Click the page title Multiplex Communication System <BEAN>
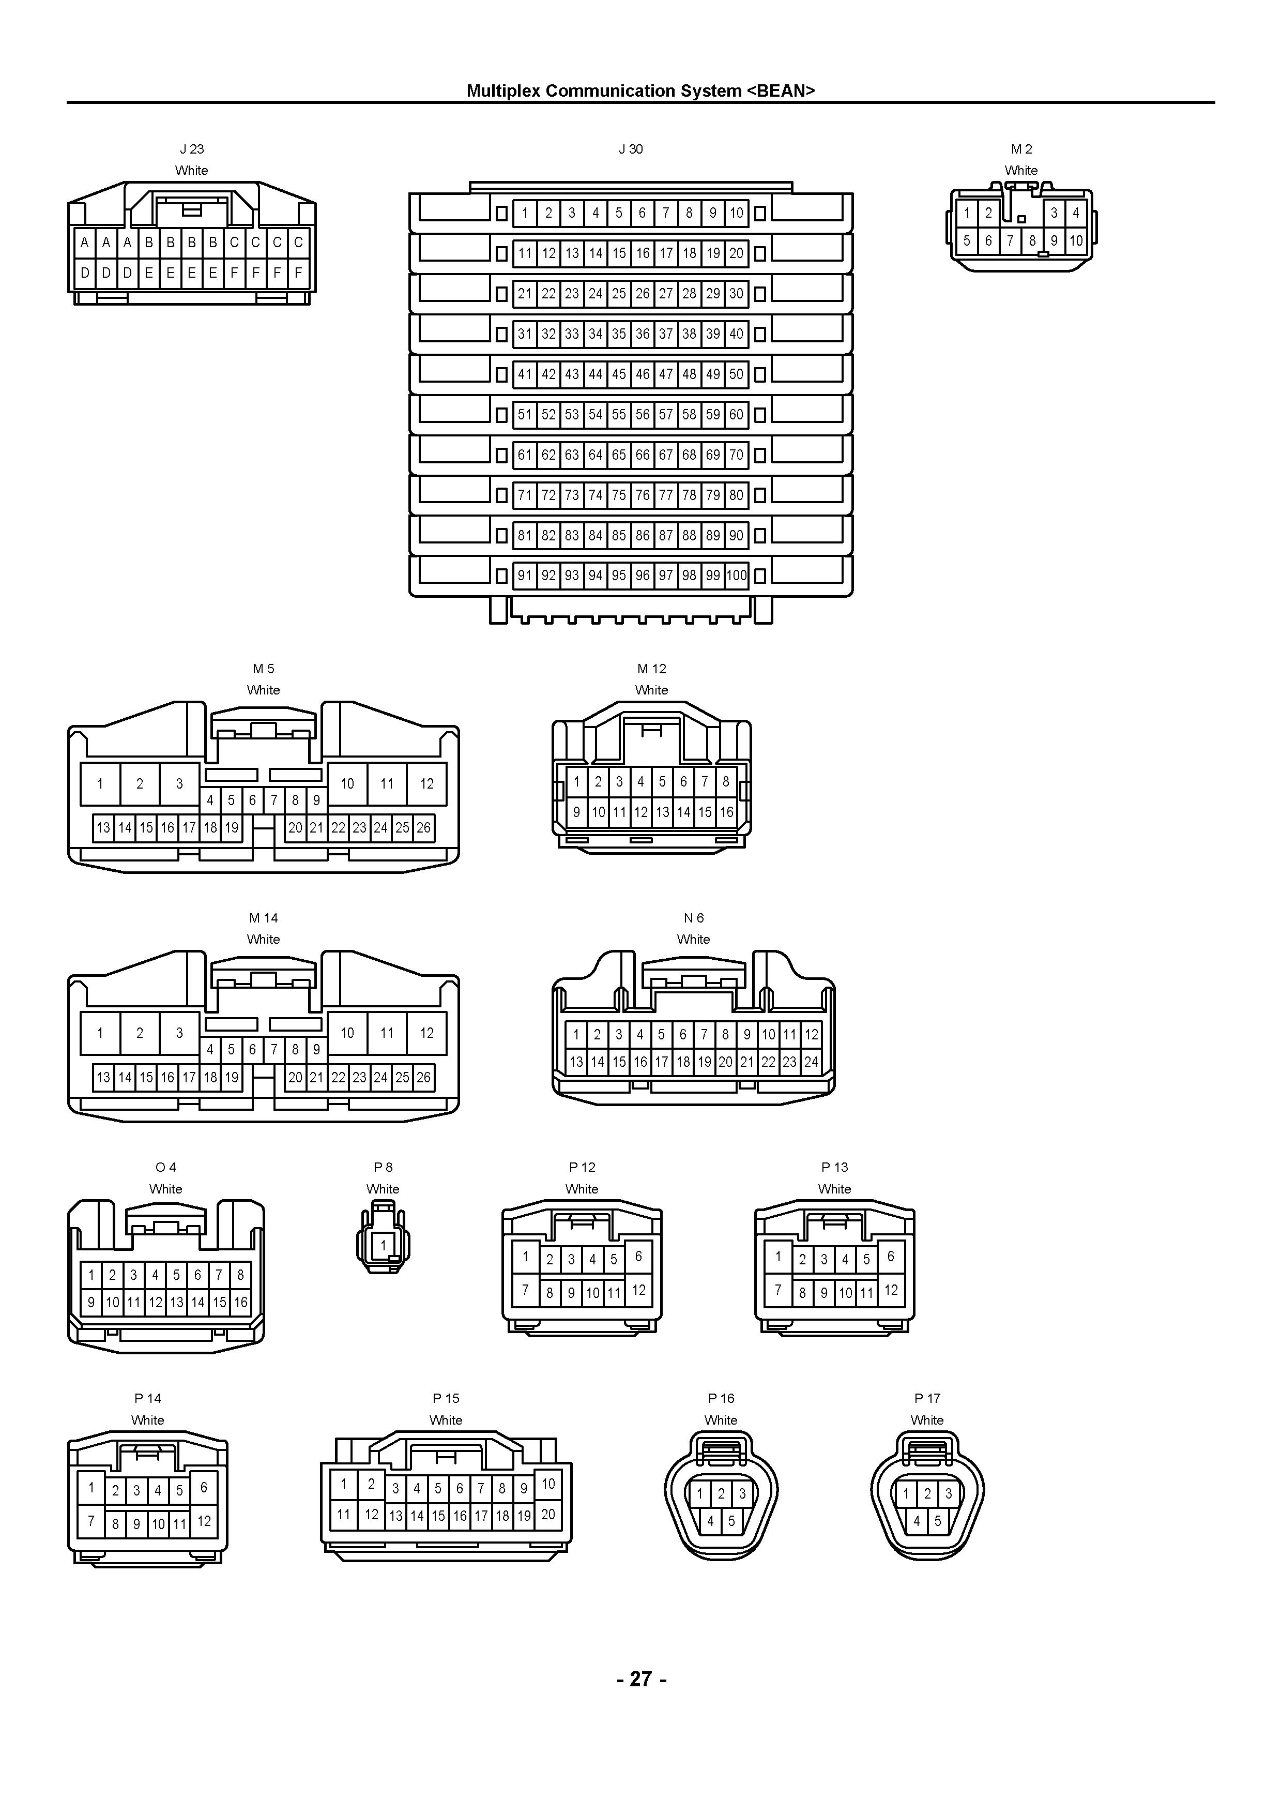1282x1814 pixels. coord(640,91)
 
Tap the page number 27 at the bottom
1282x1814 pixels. coord(640,1678)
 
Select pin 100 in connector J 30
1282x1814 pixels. coord(736,575)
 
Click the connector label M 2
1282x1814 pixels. coord(1021,148)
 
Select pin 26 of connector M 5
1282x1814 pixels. coord(423,828)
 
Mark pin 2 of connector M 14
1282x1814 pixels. coord(140,1033)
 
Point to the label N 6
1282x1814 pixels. coord(694,918)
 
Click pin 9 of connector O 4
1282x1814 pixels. coord(91,1302)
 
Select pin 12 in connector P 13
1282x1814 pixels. coord(891,1290)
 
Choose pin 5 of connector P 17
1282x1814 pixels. coord(938,1521)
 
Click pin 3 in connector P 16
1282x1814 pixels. coord(742,1494)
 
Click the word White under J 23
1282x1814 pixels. coord(192,170)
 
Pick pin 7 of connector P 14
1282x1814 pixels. coord(91,1521)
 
